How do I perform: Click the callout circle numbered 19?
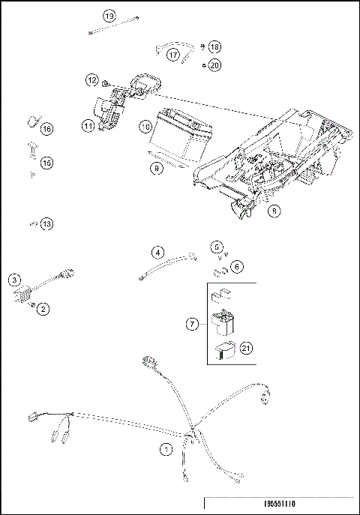point(109,16)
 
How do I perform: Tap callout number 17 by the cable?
point(173,55)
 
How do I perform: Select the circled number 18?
point(214,47)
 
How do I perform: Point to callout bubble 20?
point(214,65)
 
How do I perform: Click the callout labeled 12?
point(91,79)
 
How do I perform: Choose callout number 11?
point(88,127)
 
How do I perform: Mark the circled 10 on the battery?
point(145,127)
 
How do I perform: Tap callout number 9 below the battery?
point(157,169)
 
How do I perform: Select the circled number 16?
point(47,129)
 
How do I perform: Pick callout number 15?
point(47,162)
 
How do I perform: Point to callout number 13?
point(47,223)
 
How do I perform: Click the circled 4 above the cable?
point(158,252)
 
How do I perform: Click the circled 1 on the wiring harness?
point(166,450)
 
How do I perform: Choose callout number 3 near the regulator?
point(14,280)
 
